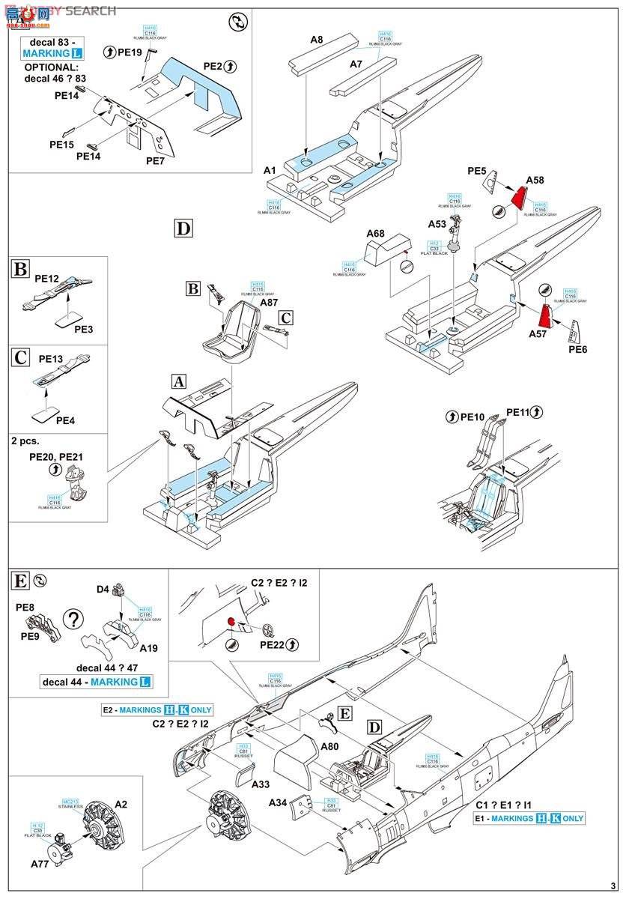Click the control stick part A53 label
(437, 223)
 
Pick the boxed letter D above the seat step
(183, 228)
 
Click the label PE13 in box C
(51, 359)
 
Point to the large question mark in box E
(73, 619)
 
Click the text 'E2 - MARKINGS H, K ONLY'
(157, 709)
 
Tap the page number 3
(613, 886)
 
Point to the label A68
(375, 234)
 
